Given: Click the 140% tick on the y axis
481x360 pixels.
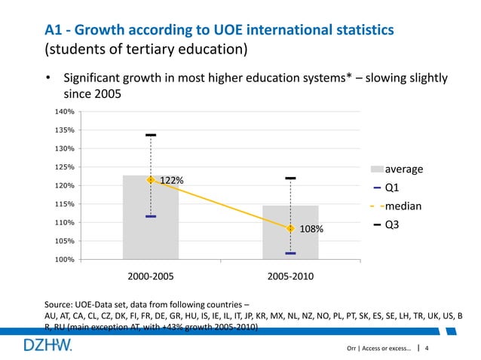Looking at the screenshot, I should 66,111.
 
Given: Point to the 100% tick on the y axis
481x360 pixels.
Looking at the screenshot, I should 66,260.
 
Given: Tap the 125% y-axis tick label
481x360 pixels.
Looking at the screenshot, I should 66,167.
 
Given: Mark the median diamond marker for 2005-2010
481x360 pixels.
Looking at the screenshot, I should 290,228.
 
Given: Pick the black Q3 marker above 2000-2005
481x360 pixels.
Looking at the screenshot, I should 151,136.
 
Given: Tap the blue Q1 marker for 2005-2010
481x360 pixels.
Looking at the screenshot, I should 290,253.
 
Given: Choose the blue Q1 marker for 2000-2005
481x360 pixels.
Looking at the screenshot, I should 151,216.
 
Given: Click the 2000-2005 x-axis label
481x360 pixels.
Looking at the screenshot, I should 151,276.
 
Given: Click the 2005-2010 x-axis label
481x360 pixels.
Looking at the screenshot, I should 290,276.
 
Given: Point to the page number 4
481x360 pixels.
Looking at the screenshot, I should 428,348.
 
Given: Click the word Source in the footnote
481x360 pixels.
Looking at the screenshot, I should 60,304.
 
